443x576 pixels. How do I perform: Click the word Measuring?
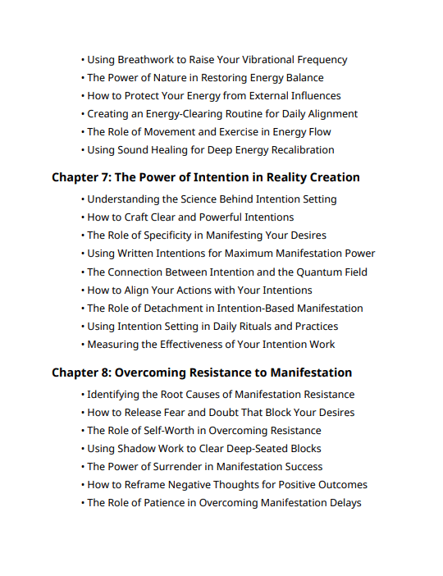[114, 345]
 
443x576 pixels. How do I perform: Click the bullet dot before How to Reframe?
[83, 485]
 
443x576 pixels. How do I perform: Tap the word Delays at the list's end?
[343, 503]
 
